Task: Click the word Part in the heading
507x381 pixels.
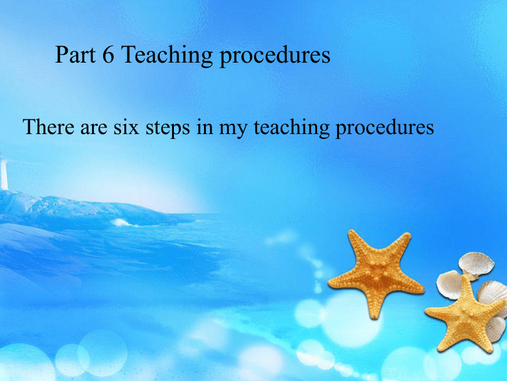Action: tap(75, 54)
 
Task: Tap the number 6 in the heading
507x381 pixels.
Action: tap(108, 54)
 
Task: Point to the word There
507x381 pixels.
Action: tap(48, 126)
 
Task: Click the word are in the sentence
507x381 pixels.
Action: tap(94, 129)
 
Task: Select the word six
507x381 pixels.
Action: tap(126, 128)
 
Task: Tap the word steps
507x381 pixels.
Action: tap(167, 129)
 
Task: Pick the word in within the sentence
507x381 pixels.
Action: tap(205, 128)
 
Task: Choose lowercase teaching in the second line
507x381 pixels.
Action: tap(291, 129)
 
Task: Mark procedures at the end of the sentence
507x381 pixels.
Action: tap(384, 129)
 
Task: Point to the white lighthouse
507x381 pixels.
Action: tap(4, 171)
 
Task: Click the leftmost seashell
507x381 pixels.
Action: tap(450, 285)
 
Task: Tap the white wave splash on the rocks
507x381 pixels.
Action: tap(122, 223)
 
